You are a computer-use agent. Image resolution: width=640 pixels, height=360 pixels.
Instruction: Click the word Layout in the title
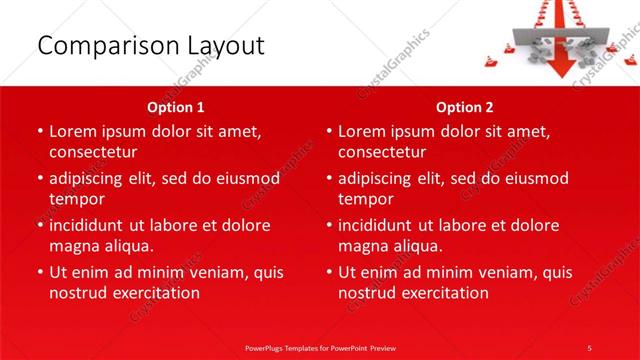coord(224,46)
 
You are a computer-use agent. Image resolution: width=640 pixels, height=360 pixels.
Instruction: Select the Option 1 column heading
coord(176,107)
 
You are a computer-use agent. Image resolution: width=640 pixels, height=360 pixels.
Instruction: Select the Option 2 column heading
coord(465,107)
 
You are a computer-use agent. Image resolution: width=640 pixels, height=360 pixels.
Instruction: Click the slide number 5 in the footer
coord(589,347)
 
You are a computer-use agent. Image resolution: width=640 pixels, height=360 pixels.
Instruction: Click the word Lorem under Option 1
coord(75,131)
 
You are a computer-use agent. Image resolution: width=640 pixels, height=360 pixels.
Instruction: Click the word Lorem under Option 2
coord(364,131)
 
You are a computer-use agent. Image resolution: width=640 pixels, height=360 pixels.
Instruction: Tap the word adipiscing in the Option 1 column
coord(91,178)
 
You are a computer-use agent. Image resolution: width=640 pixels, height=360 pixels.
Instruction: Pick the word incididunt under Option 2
coord(380,225)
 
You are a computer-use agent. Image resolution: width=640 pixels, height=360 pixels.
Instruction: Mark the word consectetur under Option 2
coord(382,152)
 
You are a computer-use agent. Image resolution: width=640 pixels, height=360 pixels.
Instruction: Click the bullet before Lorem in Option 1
coord(39,131)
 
